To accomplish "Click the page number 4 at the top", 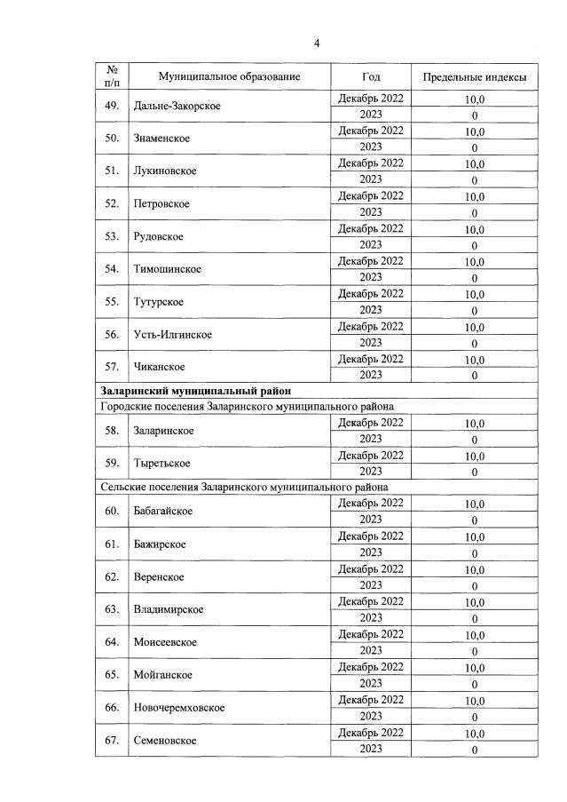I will [x=316, y=43].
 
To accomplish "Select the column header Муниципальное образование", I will [x=217, y=77].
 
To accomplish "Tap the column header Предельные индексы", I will [x=474, y=77].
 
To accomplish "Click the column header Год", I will [x=371, y=77].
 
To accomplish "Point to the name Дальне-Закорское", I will [x=177, y=107].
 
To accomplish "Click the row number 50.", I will [x=112, y=139].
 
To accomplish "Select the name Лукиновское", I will [x=165, y=171].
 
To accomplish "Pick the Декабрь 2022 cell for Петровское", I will [x=371, y=195].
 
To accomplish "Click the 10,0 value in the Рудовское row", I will [x=475, y=228].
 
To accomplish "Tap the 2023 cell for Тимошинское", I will [x=371, y=277].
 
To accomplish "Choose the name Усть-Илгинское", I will [x=172, y=335].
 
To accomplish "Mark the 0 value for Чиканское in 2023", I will [x=475, y=376].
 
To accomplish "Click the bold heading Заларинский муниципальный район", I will [x=196, y=391].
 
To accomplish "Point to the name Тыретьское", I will [x=162, y=464].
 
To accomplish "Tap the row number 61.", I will [x=112, y=544].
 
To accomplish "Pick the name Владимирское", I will [x=168, y=609].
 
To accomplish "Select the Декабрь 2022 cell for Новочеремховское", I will [x=371, y=700].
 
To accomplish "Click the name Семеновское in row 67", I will [x=165, y=741].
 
